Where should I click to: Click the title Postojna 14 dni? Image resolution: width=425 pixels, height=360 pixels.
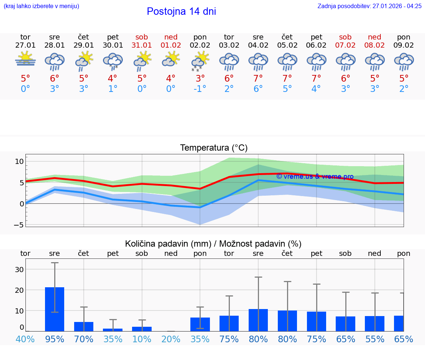[x=181, y=11]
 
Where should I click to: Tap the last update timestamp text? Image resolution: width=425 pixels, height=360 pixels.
[x=369, y=6]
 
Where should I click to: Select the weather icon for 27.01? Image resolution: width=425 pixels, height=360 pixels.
[x=25, y=59]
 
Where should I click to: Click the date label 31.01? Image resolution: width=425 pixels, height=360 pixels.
[x=142, y=45]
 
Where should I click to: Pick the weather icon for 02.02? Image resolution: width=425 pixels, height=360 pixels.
[x=200, y=61]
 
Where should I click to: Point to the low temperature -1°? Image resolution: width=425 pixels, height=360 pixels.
[x=200, y=89]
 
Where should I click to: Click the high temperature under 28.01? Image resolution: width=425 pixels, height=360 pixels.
[x=55, y=79]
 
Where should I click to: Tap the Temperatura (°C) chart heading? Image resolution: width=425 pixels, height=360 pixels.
[x=214, y=148]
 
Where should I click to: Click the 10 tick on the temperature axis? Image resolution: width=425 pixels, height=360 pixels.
[x=20, y=161]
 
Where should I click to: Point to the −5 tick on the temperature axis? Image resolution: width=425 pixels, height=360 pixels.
[x=19, y=224]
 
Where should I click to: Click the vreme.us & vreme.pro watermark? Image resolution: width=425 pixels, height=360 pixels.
[x=315, y=177]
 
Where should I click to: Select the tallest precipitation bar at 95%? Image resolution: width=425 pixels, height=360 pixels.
[x=55, y=309]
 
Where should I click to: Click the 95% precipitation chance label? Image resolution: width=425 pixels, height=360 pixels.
[x=55, y=339]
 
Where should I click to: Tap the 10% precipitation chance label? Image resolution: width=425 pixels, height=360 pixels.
[x=142, y=339]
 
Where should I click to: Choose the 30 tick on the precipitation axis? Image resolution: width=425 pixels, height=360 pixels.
[x=19, y=270]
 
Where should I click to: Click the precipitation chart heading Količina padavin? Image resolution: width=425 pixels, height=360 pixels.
[x=213, y=244]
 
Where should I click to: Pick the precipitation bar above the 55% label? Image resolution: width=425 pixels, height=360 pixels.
[x=374, y=323]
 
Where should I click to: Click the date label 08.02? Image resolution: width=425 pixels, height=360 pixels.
[x=374, y=45]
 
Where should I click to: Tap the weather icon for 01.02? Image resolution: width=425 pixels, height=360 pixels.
[x=171, y=59]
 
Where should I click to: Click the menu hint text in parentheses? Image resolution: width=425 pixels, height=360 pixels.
[x=41, y=6]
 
